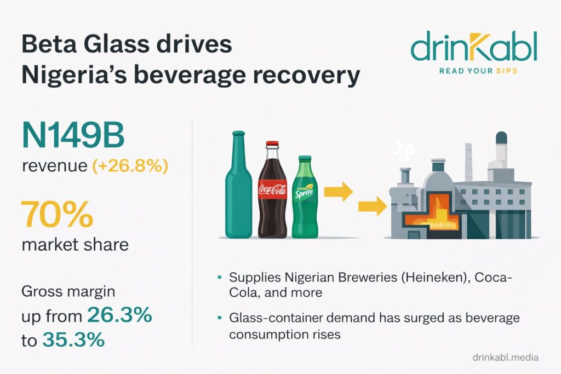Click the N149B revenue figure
click(x=73, y=136)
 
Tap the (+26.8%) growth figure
click(x=130, y=166)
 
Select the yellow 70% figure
click(x=57, y=214)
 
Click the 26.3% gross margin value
click(x=119, y=315)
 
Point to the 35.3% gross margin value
click(x=74, y=340)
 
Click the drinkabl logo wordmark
click(x=474, y=47)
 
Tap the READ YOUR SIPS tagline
click(x=478, y=71)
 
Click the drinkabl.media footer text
click(x=505, y=357)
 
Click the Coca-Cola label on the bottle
click(x=273, y=189)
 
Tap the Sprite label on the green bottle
click(x=304, y=192)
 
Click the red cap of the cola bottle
click(x=272, y=143)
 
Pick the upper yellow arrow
click(x=338, y=192)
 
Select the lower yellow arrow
click(x=373, y=206)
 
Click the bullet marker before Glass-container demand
click(x=219, y=317)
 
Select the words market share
click(x=75, y=245)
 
